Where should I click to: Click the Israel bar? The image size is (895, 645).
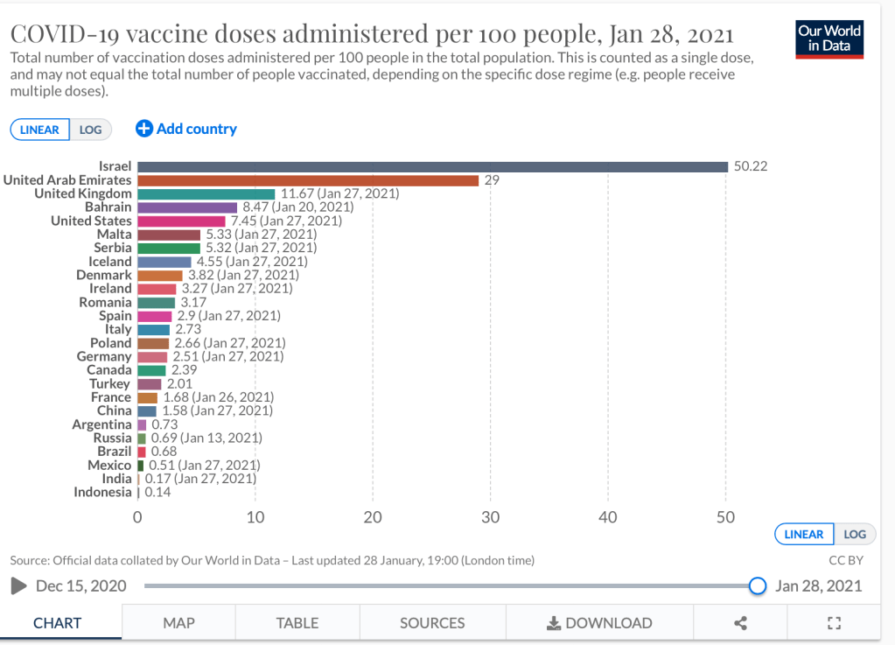[x=432, y=166]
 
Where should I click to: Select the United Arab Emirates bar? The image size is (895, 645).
[x=308, y=180]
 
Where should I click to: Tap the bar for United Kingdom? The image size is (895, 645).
[x=206, y=193]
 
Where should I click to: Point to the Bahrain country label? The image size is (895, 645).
[x=108, y=207]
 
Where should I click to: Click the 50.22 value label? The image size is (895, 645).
[x=751, y=166]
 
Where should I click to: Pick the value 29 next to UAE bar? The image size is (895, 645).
[x=492, y=180]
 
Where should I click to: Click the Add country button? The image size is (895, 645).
[x=186, y=129]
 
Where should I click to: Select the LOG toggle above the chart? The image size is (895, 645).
[x=90, y=130]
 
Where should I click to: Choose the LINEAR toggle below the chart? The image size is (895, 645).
[x=804, y=534]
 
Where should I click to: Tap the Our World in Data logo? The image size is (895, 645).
[x=829, y=39]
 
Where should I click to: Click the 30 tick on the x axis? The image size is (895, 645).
[x=491, y=517]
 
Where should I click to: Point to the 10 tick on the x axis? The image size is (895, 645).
[x=255, y=517]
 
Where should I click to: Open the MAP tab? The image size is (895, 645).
[x=178, y=623]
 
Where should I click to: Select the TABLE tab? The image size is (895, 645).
[x=297, y=623]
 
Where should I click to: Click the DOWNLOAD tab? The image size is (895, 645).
[x=599, y=623]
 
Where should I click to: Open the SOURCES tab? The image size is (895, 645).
[x=432, y=623]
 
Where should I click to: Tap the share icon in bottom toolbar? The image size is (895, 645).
[x=741, y=623]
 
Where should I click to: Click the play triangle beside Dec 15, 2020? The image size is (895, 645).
[x=18, y=585]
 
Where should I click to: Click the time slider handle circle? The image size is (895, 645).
[x=758, y=585]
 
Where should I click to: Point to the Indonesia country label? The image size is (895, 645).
[x=102, y=492]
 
